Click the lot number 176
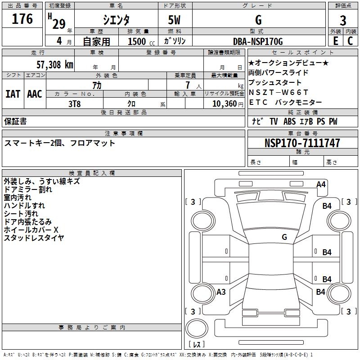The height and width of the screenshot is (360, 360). (x=22, y=19)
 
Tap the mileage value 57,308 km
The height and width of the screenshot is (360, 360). (x=55, y=65)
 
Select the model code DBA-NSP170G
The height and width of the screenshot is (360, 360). (x=258, y=41)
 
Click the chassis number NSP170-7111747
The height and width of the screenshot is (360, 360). (x=302, y=143)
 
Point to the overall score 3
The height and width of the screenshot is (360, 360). (x=343, y=21)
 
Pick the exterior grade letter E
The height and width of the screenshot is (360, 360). (x=335, y=41)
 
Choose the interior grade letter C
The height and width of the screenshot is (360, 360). (x=350, y=41)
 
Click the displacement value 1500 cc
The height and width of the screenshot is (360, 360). (x=141, y=41)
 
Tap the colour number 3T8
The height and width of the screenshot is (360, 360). (x=74, y=104)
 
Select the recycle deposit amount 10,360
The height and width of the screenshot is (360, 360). (x=225, y=104)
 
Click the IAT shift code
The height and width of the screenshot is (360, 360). (x=13, y=94)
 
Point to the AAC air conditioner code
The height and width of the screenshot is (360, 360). (x=35, y=94)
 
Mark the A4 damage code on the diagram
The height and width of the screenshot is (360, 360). (x=321, y=184)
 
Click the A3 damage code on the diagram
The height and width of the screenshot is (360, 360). (x=221, y=292)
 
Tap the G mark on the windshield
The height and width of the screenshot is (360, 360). (x=284, y=237)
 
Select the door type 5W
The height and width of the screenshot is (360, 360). (x=174, y=20)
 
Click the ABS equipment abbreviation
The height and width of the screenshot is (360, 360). (x=289, y=121)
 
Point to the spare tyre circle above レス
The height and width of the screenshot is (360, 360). (x=197, y=328)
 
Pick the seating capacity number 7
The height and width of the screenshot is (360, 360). (x=188, y=85)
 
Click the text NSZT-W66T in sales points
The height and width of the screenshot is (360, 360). (x=278, y=92)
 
